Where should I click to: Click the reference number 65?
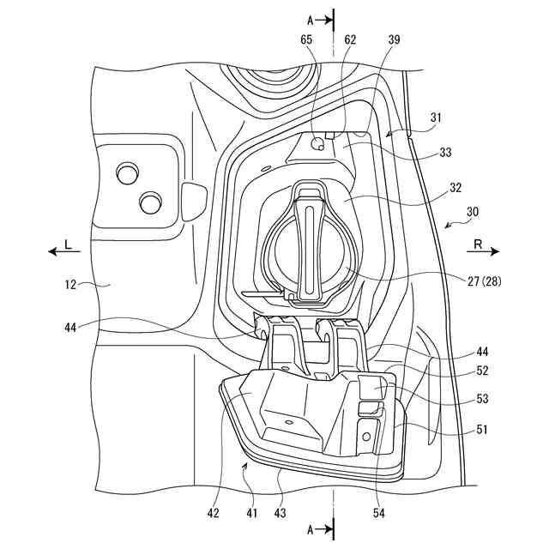point(306,39)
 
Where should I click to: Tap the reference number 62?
point(350,39)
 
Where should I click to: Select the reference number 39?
point(394,39)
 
